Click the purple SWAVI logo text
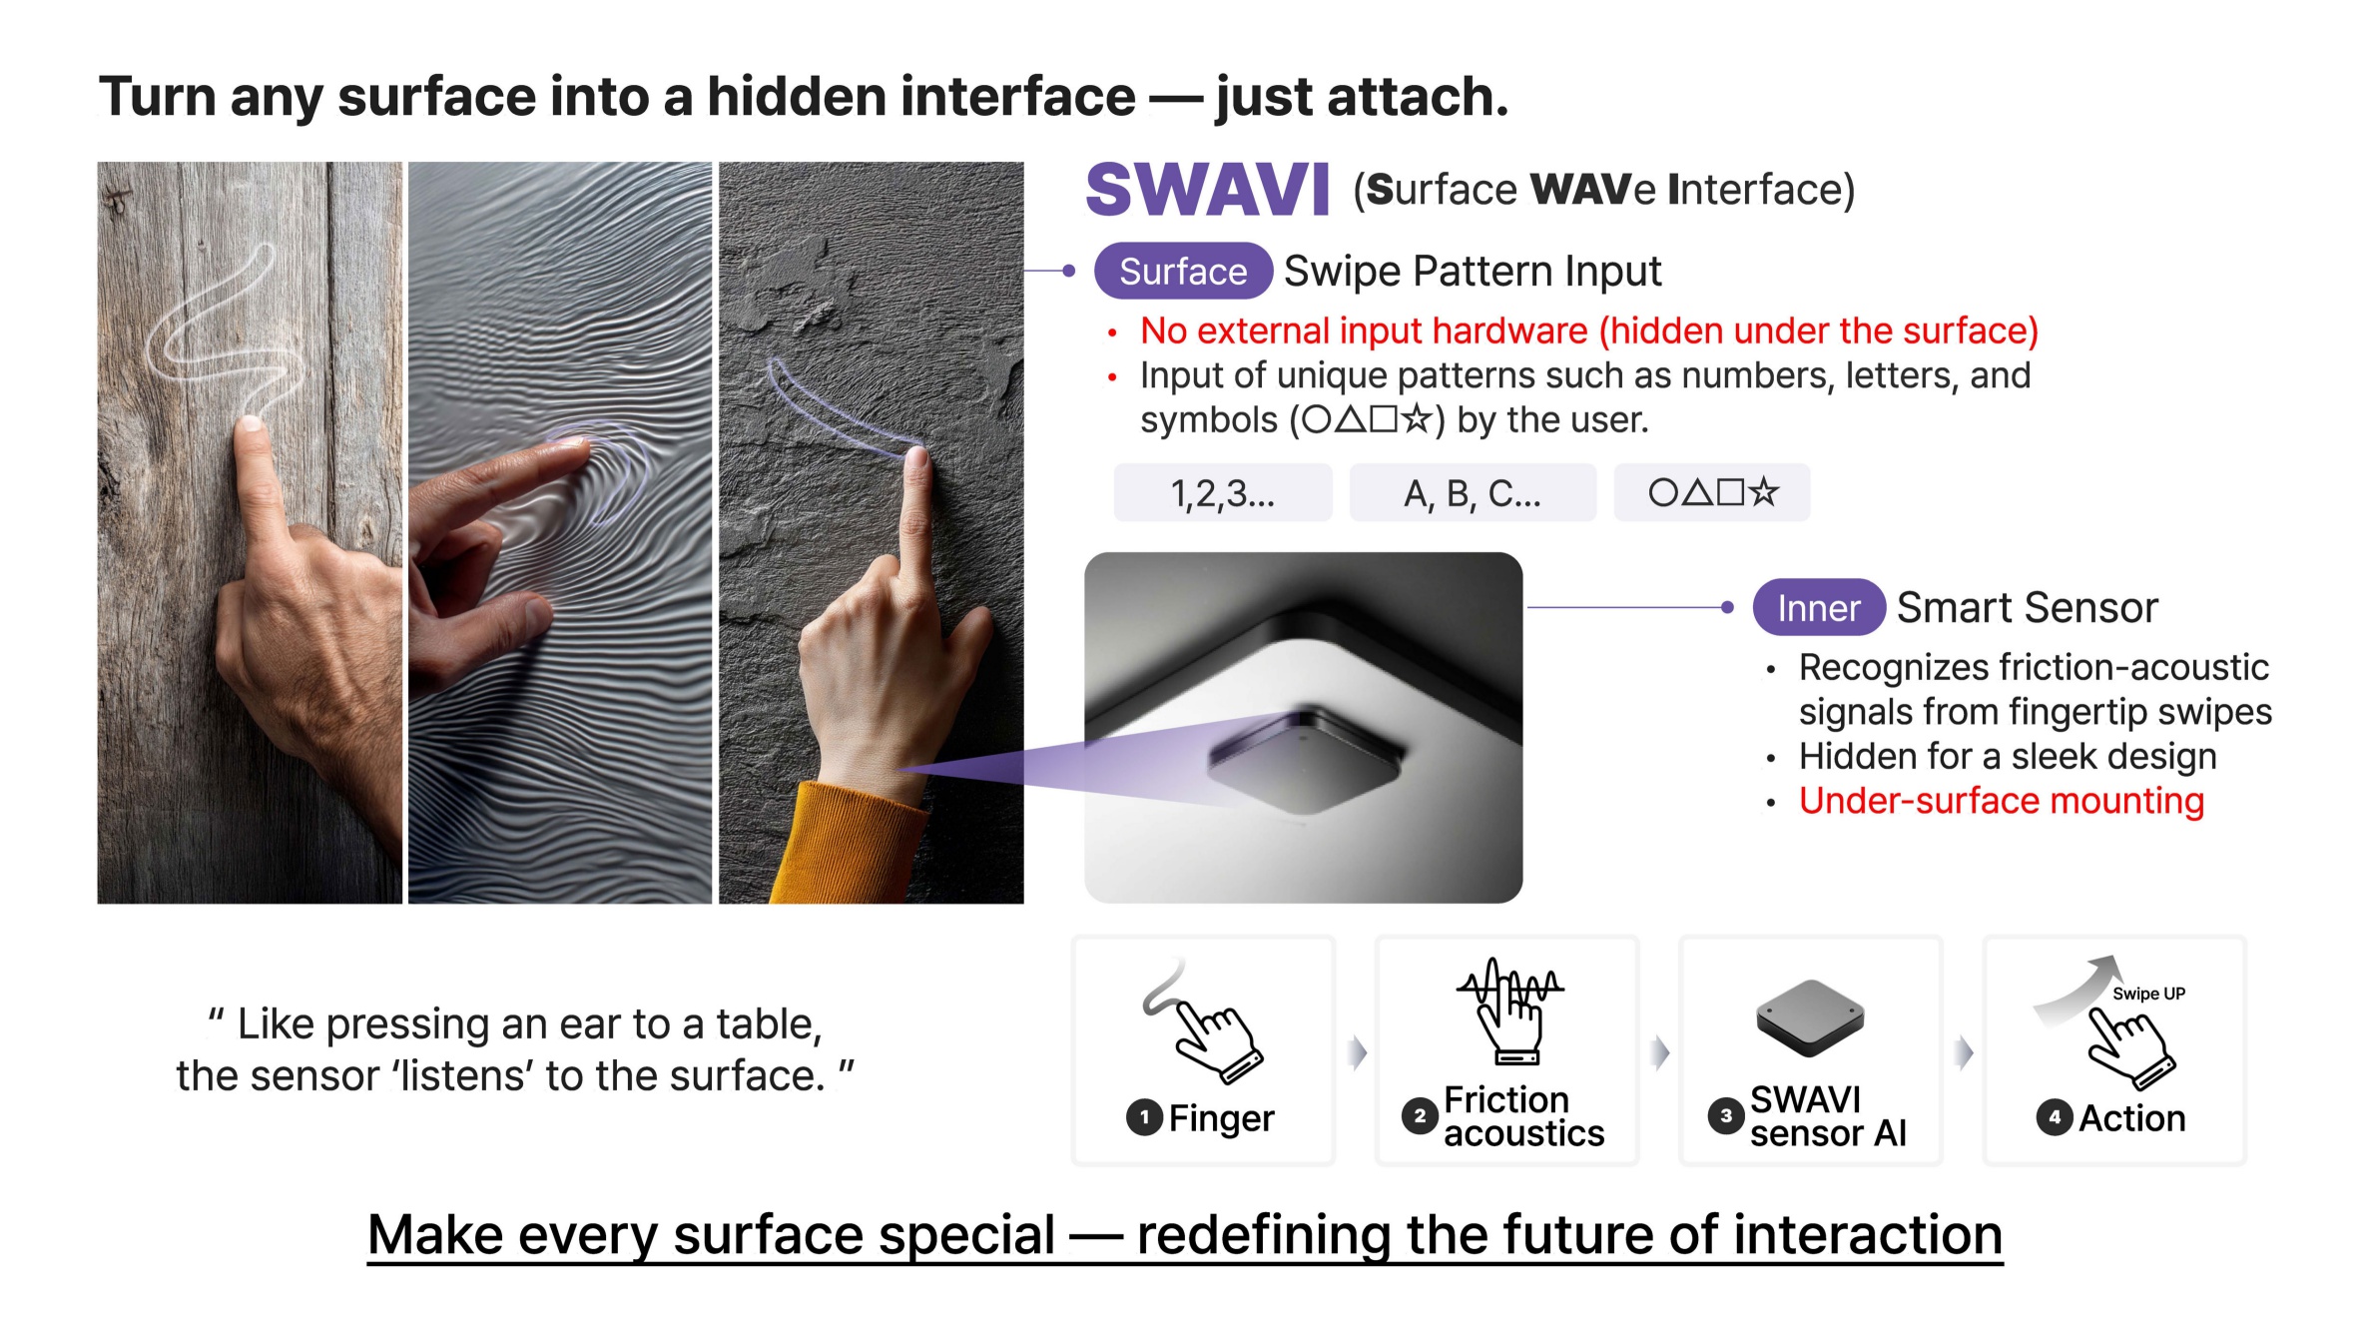(1207, 190)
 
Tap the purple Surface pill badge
(1183, 271)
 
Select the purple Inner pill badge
(1819, 607)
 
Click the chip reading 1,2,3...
(1223, 492)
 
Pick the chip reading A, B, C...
(1473, 492)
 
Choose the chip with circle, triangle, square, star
(1712, 492)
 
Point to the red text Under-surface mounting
(2002, 801)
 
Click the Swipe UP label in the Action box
(2148, 994)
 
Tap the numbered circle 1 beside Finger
(1144, 1117)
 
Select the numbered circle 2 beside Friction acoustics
(1420, 1116)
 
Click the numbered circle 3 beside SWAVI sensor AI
(1726, 1116)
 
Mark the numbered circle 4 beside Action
(2055, 1117)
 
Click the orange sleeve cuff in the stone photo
(849, 844)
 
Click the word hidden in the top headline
(794, 97)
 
